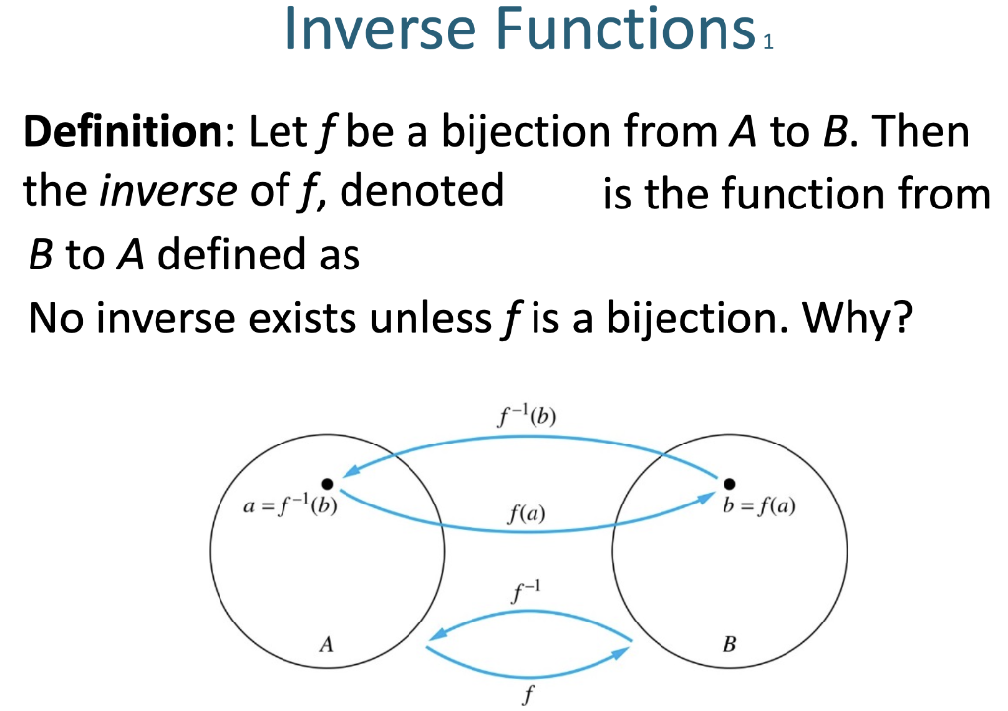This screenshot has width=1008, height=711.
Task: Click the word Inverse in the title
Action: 380,29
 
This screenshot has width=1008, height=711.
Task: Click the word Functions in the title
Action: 626,29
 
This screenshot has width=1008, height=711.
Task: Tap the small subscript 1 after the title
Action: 768,42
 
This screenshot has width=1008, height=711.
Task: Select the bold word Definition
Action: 123,131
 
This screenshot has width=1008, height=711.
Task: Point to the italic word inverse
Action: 168,191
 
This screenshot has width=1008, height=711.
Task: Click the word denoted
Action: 421,190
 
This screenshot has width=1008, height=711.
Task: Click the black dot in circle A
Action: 327,484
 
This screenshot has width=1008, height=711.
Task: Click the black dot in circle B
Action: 729,484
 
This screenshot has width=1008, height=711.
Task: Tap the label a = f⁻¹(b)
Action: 290,506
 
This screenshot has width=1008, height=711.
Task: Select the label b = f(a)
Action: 759,506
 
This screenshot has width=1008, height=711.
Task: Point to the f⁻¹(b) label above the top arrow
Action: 528,416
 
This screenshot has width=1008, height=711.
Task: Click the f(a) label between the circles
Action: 527,513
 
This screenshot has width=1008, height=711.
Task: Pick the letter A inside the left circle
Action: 327,644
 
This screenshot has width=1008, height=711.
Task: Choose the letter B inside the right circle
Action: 729,644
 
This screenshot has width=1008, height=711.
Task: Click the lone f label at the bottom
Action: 528,695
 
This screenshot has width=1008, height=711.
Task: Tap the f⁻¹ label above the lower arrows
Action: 527,592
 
